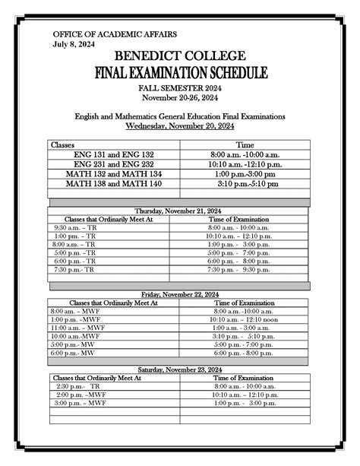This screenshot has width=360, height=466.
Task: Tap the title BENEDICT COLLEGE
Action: pyautogui.click(x=179, y=57)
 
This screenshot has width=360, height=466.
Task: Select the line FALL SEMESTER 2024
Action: pyautogui.click(x=179, y=89)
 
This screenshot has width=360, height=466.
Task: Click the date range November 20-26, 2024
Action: pyautogui.click(x=179, y=98)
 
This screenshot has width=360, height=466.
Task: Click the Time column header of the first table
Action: pyautogui.click(x=245, y=144)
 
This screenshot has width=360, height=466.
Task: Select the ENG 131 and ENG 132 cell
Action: pyautogui.click(x=113, y=154)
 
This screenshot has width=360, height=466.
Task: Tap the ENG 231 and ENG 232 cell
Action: pyautogui.click(x=113, y=164)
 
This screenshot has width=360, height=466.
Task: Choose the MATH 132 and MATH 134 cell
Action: pyautogui.click(x=113, y=174)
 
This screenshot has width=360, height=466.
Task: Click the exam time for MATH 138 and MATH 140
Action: pyautogui.click(x=245, y=184)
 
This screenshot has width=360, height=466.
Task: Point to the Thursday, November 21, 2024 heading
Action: pyautogui.click(x=180, y=210)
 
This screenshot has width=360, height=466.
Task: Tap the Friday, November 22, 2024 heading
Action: pyautogui.click(x=180, y=293)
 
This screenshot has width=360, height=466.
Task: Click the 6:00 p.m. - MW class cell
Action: pyautogui.click(x=73, y=353)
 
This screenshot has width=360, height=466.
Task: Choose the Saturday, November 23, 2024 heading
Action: pyautogui.click(x=180, y=369)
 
